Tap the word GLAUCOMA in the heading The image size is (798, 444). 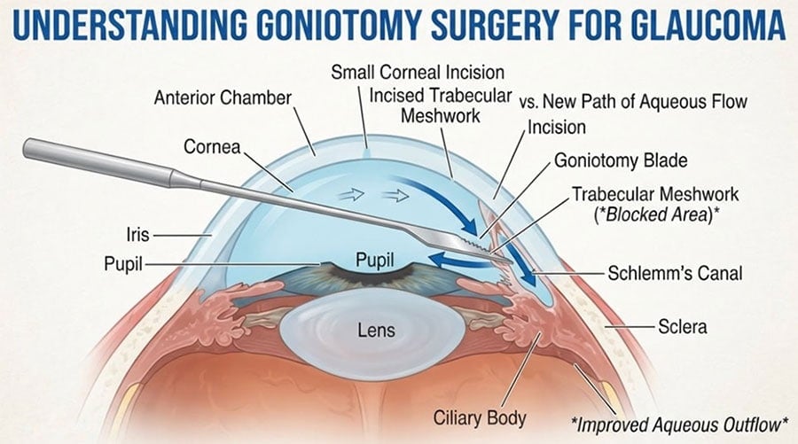pos(710,24)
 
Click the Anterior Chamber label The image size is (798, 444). pos(223,97)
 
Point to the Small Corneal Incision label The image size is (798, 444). pos(418,72)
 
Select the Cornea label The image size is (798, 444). pos(212,147)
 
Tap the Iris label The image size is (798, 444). pos(138,235)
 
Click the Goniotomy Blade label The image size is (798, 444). pos(621,160)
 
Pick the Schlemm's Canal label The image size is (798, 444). pos(675,273)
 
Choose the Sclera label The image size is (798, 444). pos(682,326)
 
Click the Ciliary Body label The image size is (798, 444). pos(480,418)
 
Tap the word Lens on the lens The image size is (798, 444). pos(376,331)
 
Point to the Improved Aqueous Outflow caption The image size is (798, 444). pos(679,425)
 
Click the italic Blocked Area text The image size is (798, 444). pos(655,214)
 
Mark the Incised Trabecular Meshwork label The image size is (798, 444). pos(440,105)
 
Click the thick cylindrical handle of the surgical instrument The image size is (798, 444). pos(97,159)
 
